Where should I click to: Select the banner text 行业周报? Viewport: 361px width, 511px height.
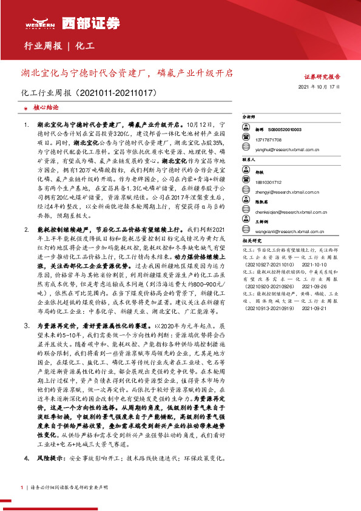pyautogui.click(x=42, y=46)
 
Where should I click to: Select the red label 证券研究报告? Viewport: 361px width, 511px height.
pyautogui.click(x=322, y=77)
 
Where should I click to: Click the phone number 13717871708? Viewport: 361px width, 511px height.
pyautogui.click(x=267, y=139)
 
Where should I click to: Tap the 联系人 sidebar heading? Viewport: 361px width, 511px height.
pyautogui.click(x=249, y=160)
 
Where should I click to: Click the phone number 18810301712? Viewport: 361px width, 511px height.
pyautogui.click(x=267, y=181)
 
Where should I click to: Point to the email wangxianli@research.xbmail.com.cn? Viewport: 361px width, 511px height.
pyautogui.click(x=291, y=231)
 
